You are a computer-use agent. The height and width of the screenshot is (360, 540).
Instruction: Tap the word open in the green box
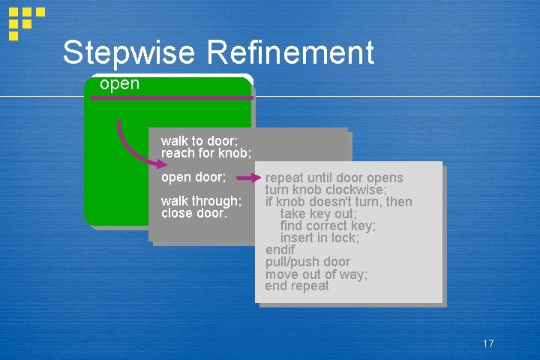[119, 84]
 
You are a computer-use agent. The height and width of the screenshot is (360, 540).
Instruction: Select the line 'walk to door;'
[199, 141]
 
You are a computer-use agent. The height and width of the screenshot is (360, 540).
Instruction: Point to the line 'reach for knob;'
[206, 153]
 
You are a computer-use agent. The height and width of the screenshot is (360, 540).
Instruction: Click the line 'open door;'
[193, 178]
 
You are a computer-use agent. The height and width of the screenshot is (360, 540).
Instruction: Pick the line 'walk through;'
[201, 201]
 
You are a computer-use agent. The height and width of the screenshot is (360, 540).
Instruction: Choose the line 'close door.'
[193, 213]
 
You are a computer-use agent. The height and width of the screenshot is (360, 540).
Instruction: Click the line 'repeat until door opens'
[334, 178]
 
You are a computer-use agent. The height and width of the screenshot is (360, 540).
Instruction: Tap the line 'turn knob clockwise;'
[325, 190]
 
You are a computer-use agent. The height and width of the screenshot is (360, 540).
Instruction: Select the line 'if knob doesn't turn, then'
[338, 202]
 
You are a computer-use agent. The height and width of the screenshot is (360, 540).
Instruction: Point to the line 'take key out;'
[319, 214]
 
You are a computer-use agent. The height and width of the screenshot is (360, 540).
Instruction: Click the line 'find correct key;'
[328, 226]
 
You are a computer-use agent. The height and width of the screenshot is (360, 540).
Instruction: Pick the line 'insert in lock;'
[319, 238]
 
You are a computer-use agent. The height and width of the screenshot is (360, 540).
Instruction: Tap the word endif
[280, 250]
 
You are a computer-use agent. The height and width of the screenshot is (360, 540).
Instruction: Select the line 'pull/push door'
[307, 262]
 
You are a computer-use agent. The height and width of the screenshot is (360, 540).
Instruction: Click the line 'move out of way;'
[316, 274]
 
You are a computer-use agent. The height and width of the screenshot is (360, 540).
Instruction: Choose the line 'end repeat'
[297, 286]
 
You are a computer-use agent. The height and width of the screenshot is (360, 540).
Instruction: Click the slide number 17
[488, 343]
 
